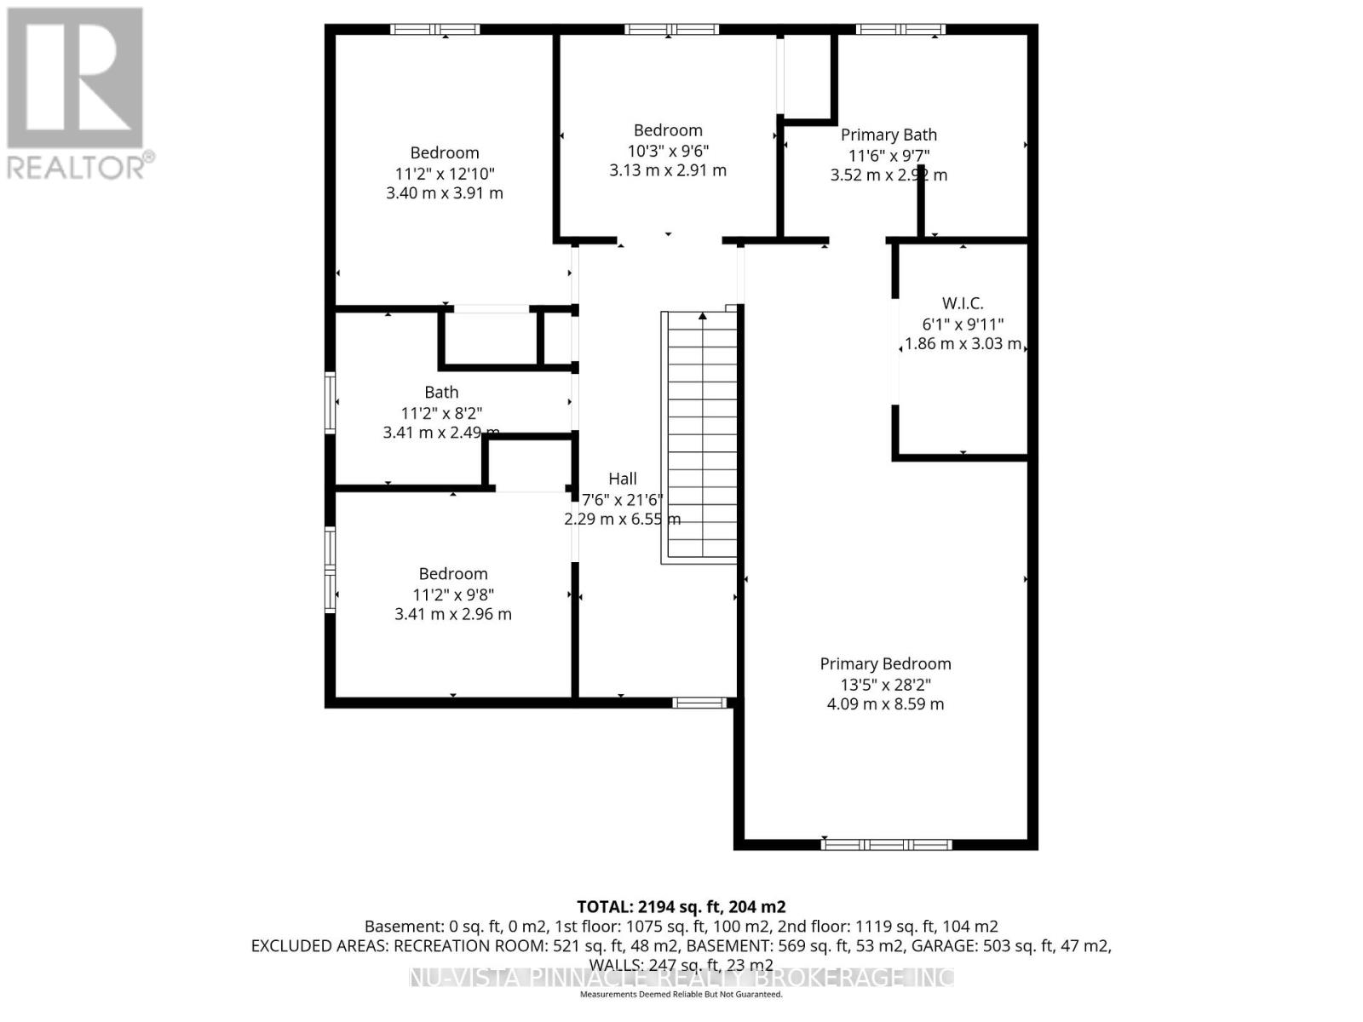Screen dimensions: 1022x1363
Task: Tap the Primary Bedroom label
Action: pos(885,663)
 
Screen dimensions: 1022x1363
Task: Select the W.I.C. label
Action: pos(963,303)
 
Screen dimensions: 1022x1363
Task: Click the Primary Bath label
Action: pos(889,135)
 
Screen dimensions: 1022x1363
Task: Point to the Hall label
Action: pos(622,479)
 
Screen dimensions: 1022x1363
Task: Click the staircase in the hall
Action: pos(700,437)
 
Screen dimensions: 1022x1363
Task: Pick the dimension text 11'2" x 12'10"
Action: pos(445,173)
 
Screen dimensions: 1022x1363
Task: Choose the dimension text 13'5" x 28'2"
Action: pos(885,684)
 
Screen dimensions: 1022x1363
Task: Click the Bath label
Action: pos(441,392)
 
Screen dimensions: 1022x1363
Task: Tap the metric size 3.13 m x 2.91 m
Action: pos(667,170)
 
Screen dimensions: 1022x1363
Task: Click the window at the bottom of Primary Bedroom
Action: pos(886,844)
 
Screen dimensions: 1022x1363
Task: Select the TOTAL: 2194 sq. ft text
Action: pos(681,907)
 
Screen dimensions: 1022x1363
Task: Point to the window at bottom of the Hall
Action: pos(699,703)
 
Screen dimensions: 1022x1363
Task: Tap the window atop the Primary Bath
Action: pos(900,30)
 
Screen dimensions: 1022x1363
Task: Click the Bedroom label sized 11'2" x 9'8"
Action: pos(452,574)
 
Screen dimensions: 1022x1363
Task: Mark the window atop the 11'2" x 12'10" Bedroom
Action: pos(435,30)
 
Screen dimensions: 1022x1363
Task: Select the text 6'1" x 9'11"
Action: pos(963,324)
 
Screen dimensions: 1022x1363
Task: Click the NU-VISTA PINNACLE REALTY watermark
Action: pos(681,978)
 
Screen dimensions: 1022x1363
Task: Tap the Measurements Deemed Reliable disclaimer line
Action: pos(681,995)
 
